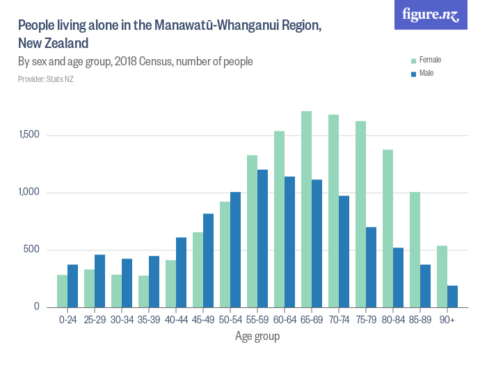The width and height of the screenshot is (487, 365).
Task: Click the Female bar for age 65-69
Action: coord(306,209)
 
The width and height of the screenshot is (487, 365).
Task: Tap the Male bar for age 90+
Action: coord(453,296)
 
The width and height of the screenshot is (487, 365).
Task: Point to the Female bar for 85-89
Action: coord(415,250)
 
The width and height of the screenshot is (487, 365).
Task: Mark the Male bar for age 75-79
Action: coord(372,267)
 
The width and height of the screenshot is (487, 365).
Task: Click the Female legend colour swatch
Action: coord(413,60)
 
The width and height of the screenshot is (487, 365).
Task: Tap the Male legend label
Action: coord(426,73)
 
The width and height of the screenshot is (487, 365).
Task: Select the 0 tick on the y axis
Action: coord(38,307)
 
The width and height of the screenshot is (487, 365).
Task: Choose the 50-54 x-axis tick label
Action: coord(230,320)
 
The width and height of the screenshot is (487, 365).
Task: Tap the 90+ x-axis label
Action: coord(447,320)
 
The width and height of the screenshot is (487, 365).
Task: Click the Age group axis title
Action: coord(257,336)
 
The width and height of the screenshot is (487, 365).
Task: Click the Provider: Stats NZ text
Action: coord(46,79)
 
